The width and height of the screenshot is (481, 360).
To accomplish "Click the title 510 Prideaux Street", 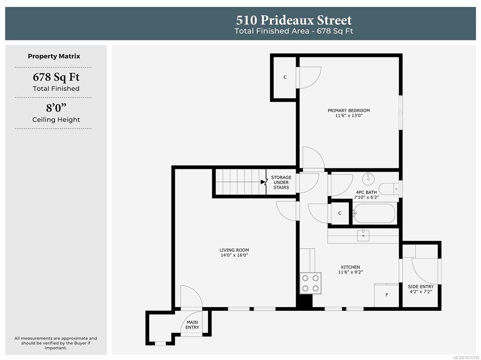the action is coord(294,20).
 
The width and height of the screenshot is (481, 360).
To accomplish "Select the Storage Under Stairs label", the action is coord(281,183).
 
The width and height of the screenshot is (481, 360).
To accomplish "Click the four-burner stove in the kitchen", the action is coord(310,283).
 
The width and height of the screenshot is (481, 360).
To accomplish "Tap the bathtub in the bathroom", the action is coord(374,213).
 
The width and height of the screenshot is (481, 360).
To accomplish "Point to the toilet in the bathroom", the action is coord(388,189).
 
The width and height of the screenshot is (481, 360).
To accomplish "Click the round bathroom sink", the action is coord(368,178).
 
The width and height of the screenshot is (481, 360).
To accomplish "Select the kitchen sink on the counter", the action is coord(363,236).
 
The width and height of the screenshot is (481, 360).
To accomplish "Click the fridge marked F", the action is coord(387,295).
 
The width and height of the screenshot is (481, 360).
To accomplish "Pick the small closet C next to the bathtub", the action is coord(340,213).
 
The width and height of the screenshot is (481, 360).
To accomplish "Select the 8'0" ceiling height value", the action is coord(56,108).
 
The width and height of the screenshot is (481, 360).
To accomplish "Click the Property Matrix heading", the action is coord(54,56).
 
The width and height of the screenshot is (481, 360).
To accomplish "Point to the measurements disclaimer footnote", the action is coord(55,343).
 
